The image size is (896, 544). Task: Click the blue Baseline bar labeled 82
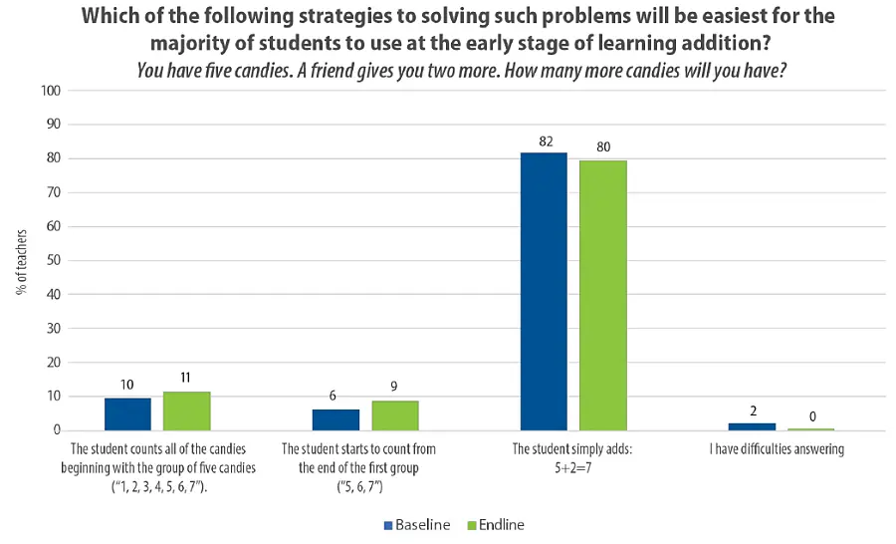(x=544, y=291)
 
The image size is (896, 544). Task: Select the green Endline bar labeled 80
(x=603, y=295)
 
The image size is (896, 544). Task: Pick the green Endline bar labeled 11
(x=187, y=411)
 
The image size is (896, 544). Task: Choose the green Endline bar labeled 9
(x=395, y=415)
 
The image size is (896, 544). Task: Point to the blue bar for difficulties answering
(x=753, y=426)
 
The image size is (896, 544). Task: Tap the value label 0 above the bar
(x=811, y=416)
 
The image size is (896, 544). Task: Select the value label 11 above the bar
(x=187, y=380)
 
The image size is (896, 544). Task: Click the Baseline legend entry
(x=417, y=524)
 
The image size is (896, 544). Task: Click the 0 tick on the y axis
(x=57, y=430)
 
